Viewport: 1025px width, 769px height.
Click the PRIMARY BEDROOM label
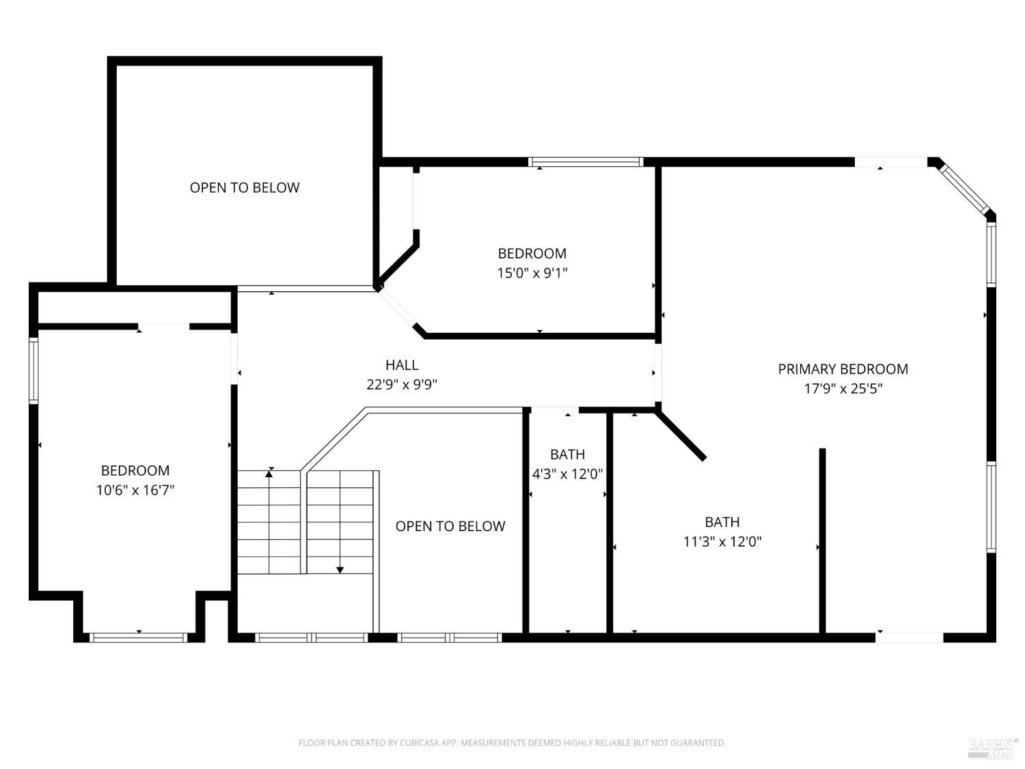click(843, 369)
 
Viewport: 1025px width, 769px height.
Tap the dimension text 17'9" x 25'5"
click(843, 389)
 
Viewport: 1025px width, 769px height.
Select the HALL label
click(402, 365)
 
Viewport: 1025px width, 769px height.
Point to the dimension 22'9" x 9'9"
click(402, 384)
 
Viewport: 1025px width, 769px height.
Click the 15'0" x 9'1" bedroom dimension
click(532, 273)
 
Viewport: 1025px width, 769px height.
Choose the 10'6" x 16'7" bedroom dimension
click(135, 490)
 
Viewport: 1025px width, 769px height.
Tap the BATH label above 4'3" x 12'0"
click(567, 455)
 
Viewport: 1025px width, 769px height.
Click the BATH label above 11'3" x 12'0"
click(722, 522)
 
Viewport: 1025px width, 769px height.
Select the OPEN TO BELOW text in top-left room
click(245, 187)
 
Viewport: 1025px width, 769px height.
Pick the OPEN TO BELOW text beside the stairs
click(450, 526)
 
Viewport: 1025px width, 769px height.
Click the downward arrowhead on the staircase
click(340, 569)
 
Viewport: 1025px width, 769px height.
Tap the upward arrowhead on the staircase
click(270, 472)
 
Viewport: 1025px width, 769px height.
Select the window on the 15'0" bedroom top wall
click(586, 162)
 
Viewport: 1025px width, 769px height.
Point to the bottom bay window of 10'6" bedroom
click(139, 637)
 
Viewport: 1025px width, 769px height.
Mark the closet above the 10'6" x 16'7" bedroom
click(133, 307)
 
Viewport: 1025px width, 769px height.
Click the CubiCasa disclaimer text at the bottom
click(512, 743)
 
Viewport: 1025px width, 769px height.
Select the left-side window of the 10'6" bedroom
click(33, 369)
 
